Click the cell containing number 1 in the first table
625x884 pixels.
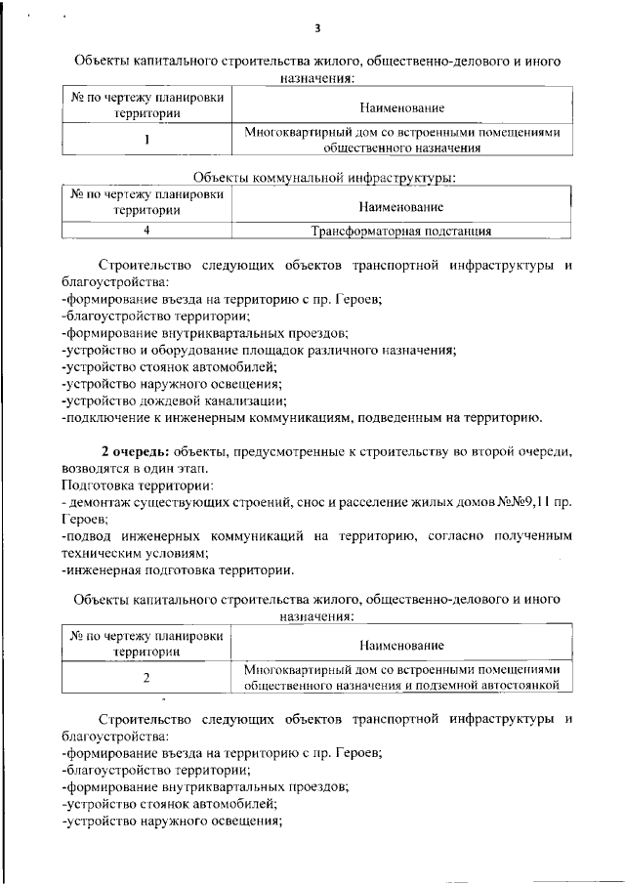(146, 139)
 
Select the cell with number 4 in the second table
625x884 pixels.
(146, 232)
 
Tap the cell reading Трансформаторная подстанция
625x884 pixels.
(400, 232)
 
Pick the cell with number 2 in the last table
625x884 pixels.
(146, 677)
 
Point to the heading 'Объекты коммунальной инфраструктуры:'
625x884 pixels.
(312, 177)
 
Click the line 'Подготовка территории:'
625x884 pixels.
(137, 484)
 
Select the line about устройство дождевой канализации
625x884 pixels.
(173, 400)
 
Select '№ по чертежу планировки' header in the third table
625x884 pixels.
(146, 636)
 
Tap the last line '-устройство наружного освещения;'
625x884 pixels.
(171, 821)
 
